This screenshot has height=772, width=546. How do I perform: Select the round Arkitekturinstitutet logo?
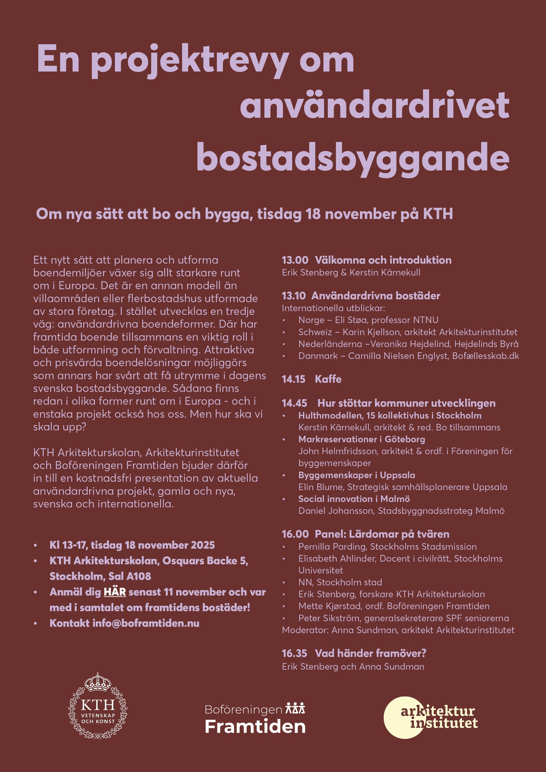(431, 717)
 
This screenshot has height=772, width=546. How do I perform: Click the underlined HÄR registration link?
(115, 592)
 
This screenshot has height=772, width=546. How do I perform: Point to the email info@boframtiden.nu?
(146, 623)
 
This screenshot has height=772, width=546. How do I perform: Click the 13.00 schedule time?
(295, 260)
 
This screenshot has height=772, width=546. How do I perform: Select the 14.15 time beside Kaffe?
(293, 379)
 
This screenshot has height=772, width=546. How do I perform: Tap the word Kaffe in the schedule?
(328, 379)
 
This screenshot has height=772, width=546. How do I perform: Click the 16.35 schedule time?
(294, 653)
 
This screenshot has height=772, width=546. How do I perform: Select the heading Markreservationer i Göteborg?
(362, 439)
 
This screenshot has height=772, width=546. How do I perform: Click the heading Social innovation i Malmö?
(354, 499)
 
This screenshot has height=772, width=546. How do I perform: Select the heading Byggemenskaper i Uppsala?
(357, 475)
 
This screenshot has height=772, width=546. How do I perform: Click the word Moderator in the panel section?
(305, 630)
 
